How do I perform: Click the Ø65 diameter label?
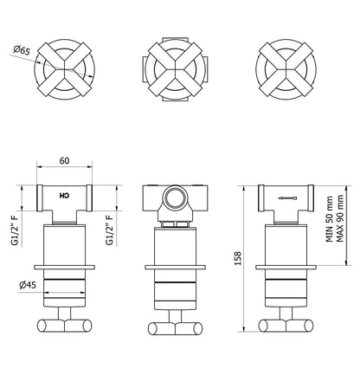[22, 50]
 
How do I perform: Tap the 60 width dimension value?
[64, 160]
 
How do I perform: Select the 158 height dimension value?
[237, 258]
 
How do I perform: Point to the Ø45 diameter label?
[28, 285]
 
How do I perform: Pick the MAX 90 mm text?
[340, 218]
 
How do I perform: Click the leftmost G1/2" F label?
[15, 230]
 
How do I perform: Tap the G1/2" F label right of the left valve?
[110, 230]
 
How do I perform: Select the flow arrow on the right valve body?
[286, 198]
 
